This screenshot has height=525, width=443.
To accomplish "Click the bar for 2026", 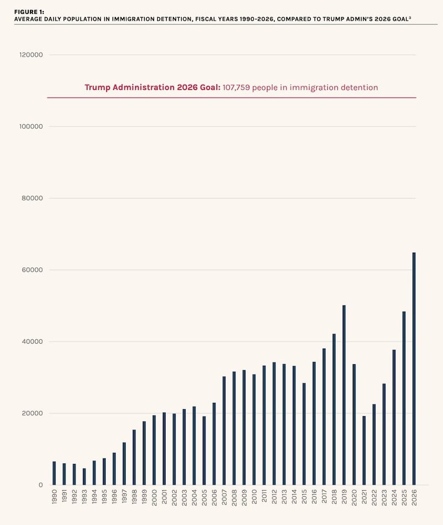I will pos(414,369).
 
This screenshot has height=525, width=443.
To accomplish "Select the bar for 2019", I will pos(344,395).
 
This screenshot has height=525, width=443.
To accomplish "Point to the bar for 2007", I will pos(224,430).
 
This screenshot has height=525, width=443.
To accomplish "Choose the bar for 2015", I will pos(304,434).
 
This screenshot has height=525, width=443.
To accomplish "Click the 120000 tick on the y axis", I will pos(31,55).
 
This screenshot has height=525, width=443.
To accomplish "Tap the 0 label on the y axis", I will pos(40,485).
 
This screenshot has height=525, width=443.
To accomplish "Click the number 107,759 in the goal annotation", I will pos(236,88).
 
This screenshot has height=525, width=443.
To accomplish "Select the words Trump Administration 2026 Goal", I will pos(152,88).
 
